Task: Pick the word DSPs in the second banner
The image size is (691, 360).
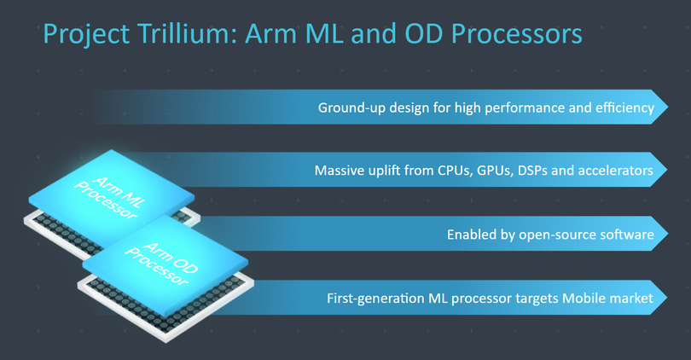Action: (x=531, y=171)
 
